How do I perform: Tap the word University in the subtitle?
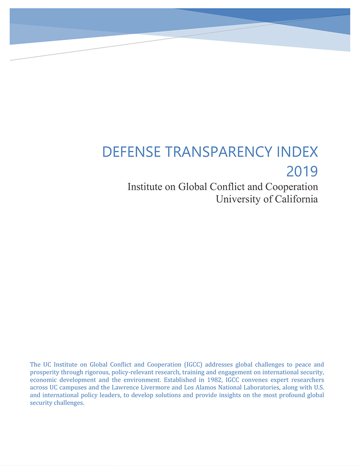tap(238, 199)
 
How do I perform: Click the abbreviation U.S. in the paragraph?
tap(318, 387)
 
